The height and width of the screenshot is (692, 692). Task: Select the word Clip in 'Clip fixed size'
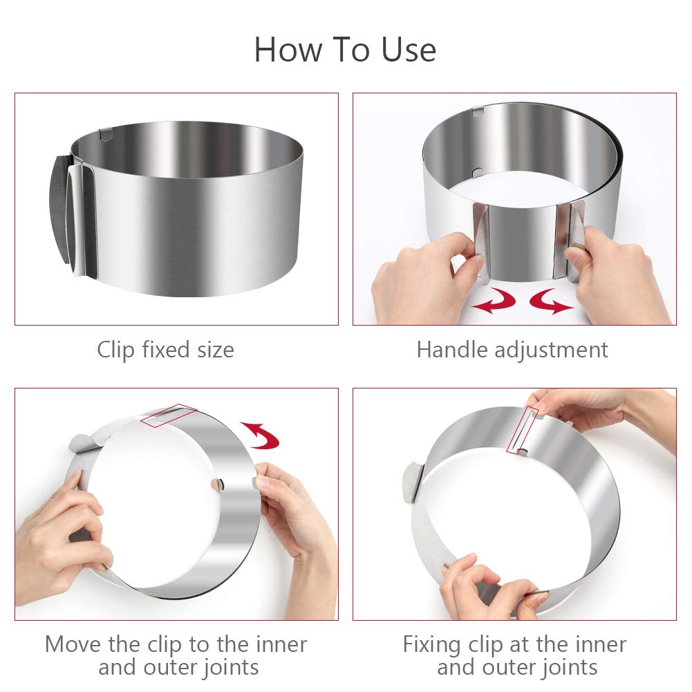116,350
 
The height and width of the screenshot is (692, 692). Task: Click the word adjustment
552,350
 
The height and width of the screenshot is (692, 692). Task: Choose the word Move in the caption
74,644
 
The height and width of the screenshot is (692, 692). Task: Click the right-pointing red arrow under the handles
551,301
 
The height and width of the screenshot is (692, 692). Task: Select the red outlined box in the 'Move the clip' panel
168,415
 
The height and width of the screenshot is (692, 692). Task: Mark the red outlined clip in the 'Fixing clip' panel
524,430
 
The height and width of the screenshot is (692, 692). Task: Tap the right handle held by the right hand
571,228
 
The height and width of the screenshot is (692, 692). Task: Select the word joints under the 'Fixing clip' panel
564,667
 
